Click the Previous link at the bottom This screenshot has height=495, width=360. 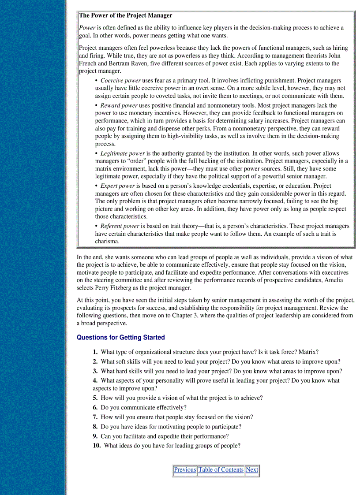(185, 470)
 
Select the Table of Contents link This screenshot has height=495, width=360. (221, 470)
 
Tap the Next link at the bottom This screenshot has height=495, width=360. (252, 470)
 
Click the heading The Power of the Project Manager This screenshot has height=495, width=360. (126, 15)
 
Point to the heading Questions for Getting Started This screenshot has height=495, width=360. (121, 338)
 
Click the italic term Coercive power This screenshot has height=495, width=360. (120, 81)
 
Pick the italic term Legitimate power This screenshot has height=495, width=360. (123, 153)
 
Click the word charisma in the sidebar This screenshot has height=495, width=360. (107, 242)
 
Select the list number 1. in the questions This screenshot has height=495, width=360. (95, 352)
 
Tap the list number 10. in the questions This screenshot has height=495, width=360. (97, 446)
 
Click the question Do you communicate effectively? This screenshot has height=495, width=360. (143, 407)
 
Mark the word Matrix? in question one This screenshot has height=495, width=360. (308, 352)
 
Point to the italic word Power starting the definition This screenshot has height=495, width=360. (87, 28)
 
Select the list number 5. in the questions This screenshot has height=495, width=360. (95, 398)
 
